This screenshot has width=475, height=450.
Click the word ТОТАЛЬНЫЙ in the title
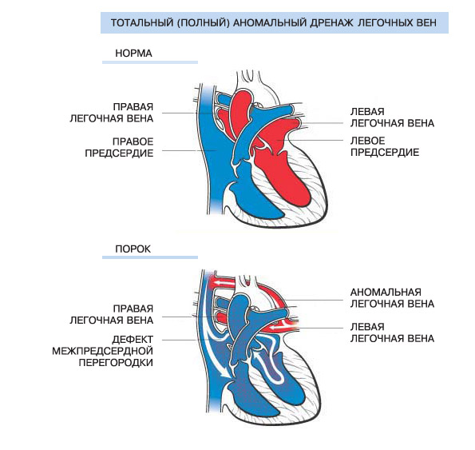pos(142,22)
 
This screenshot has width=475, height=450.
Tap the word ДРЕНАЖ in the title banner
pos(331,22)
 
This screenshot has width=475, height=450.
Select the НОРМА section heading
pos(133,54)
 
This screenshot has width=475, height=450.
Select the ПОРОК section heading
pos(133,249)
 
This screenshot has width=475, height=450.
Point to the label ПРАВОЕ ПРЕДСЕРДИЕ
pos(119,147)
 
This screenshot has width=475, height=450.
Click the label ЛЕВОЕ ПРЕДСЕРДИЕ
pos(385,146)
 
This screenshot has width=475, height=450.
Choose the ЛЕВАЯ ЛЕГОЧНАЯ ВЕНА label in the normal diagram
pos(392,117)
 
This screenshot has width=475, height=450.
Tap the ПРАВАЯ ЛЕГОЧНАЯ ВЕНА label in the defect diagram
pos(112,314)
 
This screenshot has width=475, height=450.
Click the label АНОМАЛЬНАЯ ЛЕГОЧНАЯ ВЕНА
pos(392,298)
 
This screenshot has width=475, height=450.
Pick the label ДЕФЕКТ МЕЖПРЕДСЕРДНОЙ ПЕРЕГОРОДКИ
pos(102,351)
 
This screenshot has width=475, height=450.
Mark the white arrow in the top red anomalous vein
pos(223,284)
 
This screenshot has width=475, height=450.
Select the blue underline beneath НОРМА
pos(150,62)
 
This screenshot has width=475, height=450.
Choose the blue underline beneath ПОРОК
pos(150,257)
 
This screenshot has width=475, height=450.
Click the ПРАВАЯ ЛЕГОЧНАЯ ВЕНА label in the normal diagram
pos(112,113)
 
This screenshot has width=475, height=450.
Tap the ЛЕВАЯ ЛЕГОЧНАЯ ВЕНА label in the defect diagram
pos(392,333)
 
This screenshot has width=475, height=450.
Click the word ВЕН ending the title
pos(426,22)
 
